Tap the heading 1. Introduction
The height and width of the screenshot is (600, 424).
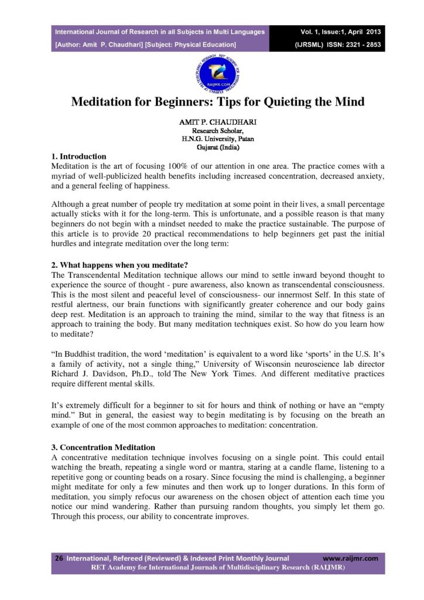coord(79,156)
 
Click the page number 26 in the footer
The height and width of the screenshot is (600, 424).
coord(59,558)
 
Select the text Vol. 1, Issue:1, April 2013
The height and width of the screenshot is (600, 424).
coord(340,32)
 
